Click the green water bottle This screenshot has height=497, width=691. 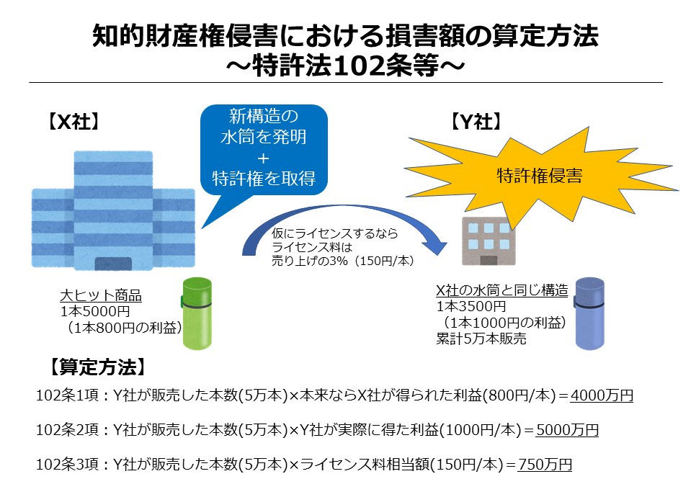coord(197,313)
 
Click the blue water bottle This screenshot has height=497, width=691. coord(589,313)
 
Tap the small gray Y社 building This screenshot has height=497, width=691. coord(489,241)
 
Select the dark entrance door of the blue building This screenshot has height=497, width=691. coord(113,264)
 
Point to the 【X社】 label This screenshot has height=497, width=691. coord(73,122)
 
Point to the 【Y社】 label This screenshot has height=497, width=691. coord(476,122)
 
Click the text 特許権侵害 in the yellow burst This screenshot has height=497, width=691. coord(540,175)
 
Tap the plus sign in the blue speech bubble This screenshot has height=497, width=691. coord(263,158)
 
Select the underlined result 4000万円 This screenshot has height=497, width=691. coord(602,395)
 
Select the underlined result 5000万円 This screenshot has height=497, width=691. coord(567,429)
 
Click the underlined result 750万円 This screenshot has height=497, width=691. coord(545,465)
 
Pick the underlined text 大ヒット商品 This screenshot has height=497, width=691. coord(101,295)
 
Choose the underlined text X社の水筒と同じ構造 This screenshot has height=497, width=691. coord(502,290)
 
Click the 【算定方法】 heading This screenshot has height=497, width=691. coord(97,367)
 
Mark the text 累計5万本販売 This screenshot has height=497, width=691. coord(481,339)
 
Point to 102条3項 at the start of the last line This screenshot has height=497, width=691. coord(68,465)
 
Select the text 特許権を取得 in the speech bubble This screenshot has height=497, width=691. coord(264,179)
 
